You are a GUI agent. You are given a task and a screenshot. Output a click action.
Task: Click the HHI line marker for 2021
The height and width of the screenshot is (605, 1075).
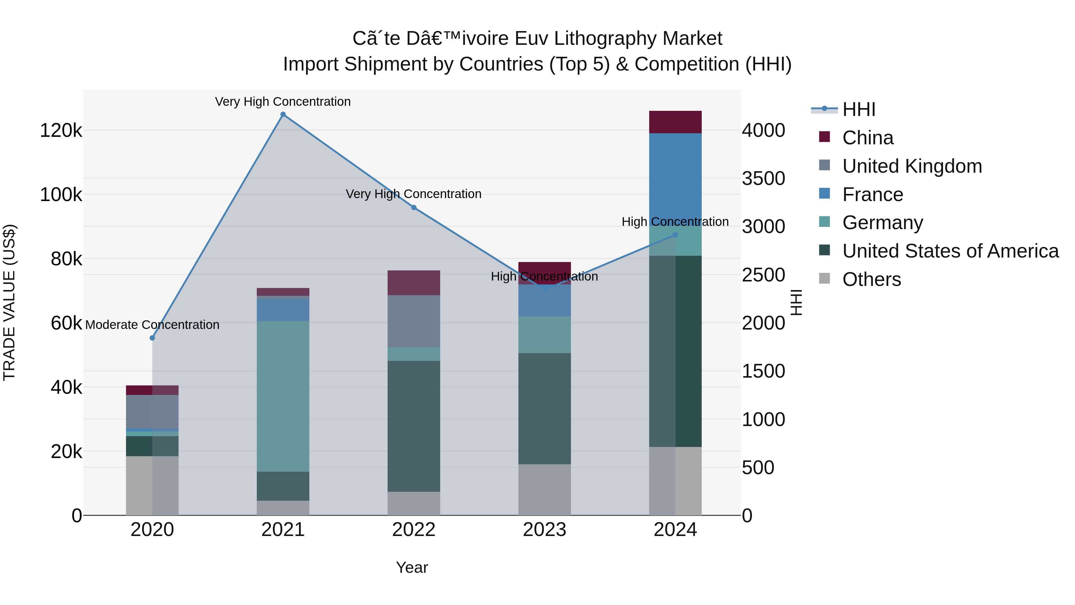click(283, 114)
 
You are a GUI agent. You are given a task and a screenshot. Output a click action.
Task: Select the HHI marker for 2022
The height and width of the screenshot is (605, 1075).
click(414, 208)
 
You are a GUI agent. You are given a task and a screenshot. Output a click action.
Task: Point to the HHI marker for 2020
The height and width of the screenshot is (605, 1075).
click(152, 338)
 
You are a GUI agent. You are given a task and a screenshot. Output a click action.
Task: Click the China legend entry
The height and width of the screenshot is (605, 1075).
click(867, 138)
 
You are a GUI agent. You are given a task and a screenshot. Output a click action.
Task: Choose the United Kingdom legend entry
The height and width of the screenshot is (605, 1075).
click(912, 166)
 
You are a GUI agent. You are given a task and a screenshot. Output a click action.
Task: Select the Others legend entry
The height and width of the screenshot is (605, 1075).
click(871, 279)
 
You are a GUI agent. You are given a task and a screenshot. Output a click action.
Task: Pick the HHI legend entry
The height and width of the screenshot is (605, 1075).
click(859, 109)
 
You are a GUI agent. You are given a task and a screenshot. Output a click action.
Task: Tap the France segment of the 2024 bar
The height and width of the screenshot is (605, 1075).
click(675, 175)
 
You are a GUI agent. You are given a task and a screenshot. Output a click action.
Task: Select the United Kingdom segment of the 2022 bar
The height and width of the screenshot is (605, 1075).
click(414, 321)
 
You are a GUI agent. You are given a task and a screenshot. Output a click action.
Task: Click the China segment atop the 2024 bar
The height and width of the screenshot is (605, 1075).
click(675, 122)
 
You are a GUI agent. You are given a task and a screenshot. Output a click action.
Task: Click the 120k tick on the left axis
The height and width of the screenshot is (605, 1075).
click(61, 131)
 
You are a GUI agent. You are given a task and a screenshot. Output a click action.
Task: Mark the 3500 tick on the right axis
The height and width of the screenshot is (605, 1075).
click(763, 179)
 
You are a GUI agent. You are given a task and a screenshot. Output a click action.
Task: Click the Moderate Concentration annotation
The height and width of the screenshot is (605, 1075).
click(152, 325)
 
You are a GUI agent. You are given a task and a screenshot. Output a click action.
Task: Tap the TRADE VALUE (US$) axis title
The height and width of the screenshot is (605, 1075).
click(9, 302)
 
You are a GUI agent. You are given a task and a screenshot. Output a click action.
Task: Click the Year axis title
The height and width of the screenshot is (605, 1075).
click(412, 567)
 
